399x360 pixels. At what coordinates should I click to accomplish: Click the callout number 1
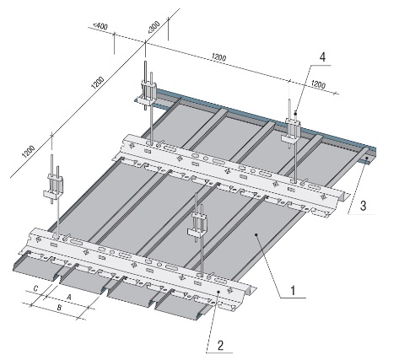coord(293,291)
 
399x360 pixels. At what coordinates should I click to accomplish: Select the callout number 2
coord(220,346)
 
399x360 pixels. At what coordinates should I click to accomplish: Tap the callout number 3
coord(363,206)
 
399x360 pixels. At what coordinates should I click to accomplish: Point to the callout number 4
coord(322,57)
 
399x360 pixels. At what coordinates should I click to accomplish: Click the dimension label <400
coord(100,26)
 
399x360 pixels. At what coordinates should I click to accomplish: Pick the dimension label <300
coord(154,28)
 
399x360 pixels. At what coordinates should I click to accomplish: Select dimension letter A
coord(68,297)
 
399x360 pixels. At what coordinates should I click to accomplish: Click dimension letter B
coord(59,308)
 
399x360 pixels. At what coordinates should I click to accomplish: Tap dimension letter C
coord(35,288)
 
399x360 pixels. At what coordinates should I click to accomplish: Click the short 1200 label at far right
coord(319,84)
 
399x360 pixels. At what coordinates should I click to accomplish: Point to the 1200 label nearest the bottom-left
coord(29,152)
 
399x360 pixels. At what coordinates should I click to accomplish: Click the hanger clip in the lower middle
coord(198,224)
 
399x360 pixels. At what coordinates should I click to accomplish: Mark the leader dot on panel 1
coord(256,234)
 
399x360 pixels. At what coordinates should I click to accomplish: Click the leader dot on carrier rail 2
coord(218,293)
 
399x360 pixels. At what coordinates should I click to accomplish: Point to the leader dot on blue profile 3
coord(367,159)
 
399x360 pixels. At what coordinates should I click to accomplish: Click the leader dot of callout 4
coord(295,114)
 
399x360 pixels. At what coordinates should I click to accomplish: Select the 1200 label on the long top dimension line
coord(218,57)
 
